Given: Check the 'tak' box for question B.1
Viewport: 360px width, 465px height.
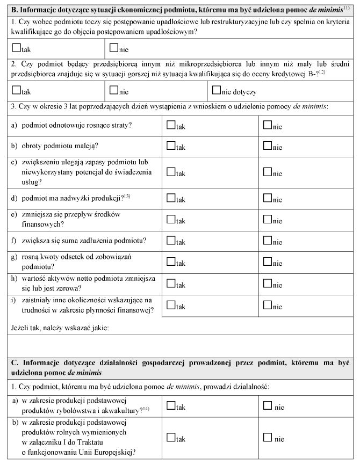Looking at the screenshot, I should coord(16,48).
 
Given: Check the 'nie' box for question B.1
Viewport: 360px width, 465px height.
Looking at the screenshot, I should coord(114,48).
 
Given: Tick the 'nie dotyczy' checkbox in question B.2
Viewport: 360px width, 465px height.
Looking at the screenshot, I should coord(217,90).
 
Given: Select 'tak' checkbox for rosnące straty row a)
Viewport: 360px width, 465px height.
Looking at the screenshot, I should coord(171,125).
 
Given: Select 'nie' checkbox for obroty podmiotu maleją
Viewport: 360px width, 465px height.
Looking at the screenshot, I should coord(268,146).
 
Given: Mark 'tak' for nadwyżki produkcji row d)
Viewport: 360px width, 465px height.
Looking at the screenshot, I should coord(171,198).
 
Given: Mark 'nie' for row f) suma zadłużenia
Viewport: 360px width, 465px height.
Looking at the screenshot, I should coord(268,240).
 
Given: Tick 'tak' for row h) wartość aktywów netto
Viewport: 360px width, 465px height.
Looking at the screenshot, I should coord(171,283).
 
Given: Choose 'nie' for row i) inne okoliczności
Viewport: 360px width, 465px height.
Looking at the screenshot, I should coord(268,304).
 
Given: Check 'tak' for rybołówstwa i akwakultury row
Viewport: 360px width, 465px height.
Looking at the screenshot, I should coord(171,405).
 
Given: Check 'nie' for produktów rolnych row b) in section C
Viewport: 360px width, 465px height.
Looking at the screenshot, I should coord(268,437).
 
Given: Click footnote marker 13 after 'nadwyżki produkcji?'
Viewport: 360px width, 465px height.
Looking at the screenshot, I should coord(128,195).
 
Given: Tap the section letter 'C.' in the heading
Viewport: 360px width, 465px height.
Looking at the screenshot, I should coord(16,362).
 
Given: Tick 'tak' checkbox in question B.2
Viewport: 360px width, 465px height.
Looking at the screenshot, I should coord(16,90).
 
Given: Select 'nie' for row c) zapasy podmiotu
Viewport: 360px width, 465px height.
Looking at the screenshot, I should coord(268,172).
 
